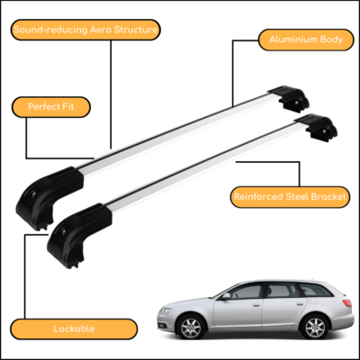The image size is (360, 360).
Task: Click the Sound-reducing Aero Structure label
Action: point(85,30)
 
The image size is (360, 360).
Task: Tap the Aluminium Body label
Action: point(306,40)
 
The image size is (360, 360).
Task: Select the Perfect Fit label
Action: point(51,107)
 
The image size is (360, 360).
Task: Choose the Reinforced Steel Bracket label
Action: point(290,197)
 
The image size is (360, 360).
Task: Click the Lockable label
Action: point(74,328)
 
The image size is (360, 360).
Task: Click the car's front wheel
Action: point(191,328)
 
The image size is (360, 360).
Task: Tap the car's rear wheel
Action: point(315,327)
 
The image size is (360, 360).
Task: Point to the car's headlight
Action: point(165,310)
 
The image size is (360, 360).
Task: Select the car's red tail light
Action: point(346,302)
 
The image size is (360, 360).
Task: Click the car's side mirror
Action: point(226,296)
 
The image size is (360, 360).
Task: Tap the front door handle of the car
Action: point(256,305)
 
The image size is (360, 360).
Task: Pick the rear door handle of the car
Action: point(300,304)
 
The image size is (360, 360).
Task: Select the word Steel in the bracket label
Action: point(297,197)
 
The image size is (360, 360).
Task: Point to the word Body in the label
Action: point(331,40)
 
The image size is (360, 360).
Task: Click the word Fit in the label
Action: point(67,107)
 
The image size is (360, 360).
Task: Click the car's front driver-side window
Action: point(246,292)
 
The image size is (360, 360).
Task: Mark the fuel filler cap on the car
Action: point(313,301)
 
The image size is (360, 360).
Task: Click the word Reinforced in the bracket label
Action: point(258,197)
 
